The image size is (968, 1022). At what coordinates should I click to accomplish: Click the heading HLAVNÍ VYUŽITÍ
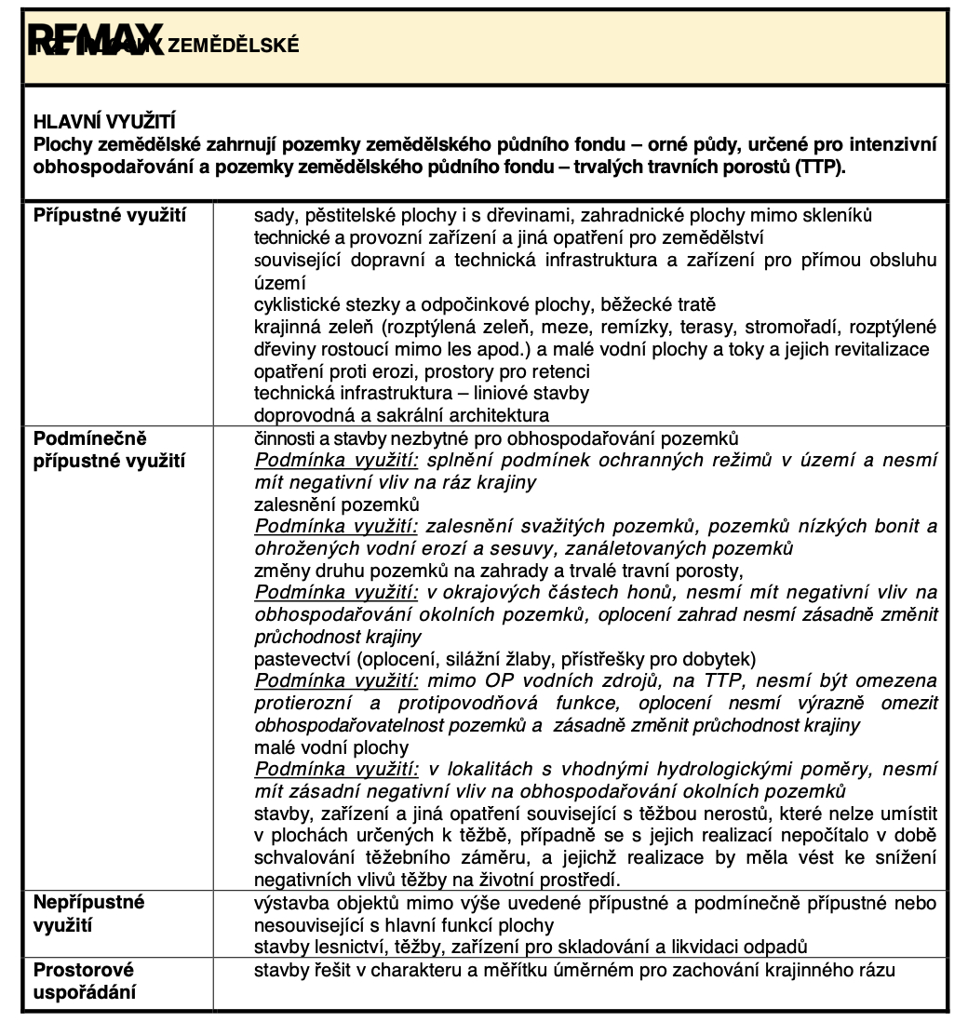click(x=105, y=122)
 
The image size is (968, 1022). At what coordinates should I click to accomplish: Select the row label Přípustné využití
click(x=110, y=216)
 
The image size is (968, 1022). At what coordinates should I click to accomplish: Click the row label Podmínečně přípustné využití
click(x=110, y=449)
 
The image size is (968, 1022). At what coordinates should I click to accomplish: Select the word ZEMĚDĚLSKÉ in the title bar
click(x=234, y=45)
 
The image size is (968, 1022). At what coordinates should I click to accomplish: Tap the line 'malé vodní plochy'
click(x=330, y=747)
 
